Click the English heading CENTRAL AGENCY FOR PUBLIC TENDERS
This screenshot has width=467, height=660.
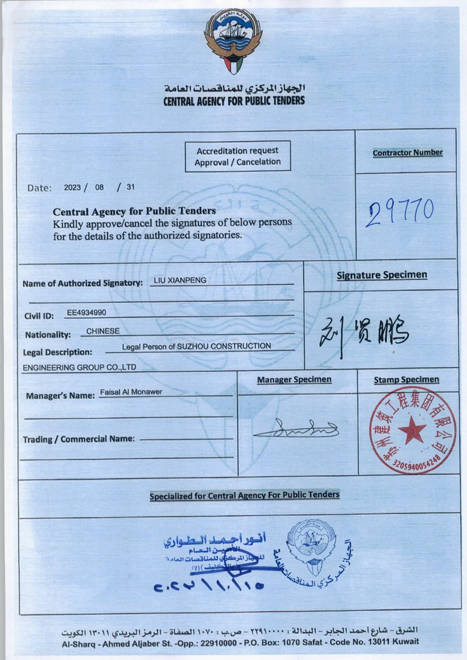coord(234,101)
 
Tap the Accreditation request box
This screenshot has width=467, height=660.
coord(238,156)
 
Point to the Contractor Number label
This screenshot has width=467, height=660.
coord(407,153)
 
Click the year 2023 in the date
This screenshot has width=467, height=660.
coord(73,188)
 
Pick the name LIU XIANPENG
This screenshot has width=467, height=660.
coord(179,280)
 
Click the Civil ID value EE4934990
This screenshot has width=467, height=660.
coord(86,313)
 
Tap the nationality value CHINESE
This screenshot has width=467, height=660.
coord(103,331)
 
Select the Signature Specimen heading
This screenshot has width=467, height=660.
coord(382,275)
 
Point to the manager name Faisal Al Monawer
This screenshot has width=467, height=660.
coord(131,392)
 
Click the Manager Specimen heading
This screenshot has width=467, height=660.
coord(294,380)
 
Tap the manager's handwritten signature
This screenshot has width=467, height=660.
coord(297,430)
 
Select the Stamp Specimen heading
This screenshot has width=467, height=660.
coord(406,380)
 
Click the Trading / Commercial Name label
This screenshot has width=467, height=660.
coord(79,439)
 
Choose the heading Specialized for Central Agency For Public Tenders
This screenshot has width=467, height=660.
coord(244,495)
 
